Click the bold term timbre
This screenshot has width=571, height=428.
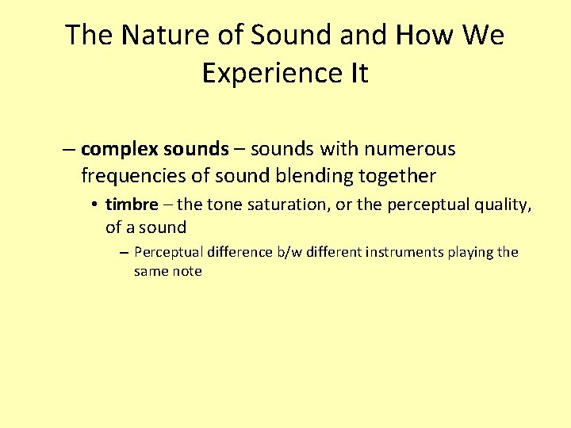click(132, 204)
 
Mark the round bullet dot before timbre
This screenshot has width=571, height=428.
click(94, 204)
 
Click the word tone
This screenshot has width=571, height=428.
click(224, 204)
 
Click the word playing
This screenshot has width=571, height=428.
click(470, 253)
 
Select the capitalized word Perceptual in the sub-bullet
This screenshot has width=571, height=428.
click(168, 252)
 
